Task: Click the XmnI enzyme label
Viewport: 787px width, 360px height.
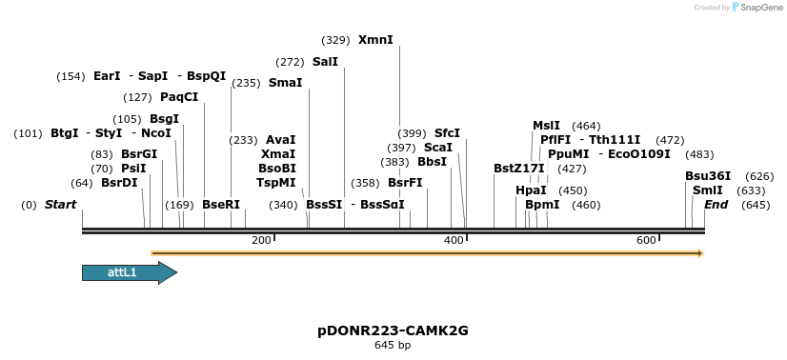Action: coord(375,40)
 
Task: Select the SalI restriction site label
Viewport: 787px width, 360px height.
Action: coord(325,62)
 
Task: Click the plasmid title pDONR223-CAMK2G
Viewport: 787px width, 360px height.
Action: coord(393,330)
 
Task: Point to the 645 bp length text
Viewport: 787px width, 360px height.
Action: coord(393,345)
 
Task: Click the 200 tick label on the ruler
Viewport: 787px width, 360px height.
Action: coord(261,240)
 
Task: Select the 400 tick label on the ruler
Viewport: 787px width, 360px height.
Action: coord(454,240)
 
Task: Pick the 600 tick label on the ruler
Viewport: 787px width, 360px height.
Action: coord(646,240)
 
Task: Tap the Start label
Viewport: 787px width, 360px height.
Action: coord(60,205)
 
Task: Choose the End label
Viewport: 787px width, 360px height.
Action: coord(716,205)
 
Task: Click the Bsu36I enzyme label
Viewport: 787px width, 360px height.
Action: coord(708,176)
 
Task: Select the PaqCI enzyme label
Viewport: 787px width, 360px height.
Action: coord(179,97)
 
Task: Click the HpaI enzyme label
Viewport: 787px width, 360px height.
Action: coord(531,190)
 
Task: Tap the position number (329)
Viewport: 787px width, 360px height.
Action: coord(336,41)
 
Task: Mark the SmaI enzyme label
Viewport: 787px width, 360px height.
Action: coord(285,83)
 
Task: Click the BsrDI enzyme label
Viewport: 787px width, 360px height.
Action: coord(119,183)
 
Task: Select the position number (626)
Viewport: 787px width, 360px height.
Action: coord(759,176)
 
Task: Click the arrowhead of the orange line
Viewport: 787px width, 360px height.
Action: coord(699,253)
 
